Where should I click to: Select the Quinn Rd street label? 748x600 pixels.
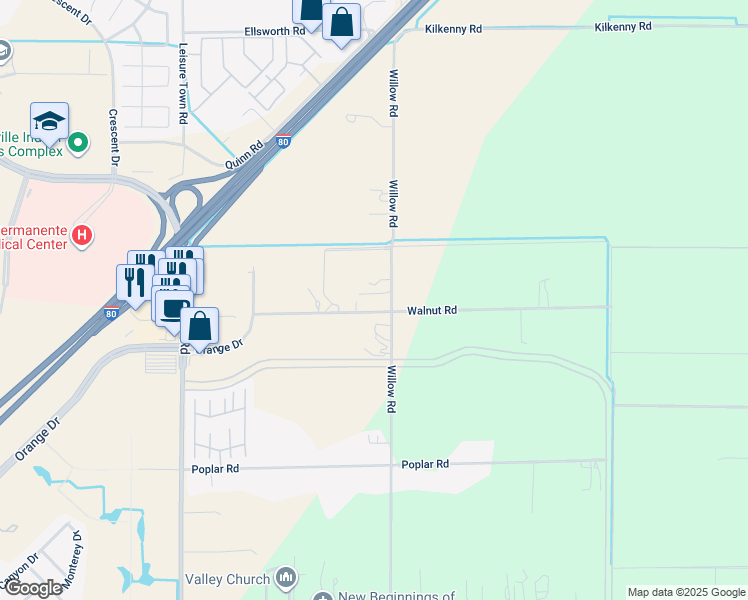pyautogui.click(x=243, y=159)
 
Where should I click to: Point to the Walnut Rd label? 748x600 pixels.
pyautogui.click(x=432, y=311)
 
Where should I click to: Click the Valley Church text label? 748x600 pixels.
pyautogui.click(x=227, y=579)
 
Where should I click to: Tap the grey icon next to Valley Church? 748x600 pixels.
pyautogui.click(x=287, y=577)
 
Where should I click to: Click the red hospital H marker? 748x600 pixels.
pyautogui.click(x=83, y=238)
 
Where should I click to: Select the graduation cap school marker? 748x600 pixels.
pyautogui.click(x=49, y=122)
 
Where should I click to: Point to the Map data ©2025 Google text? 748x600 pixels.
pyautogui.click(x=686, y=592)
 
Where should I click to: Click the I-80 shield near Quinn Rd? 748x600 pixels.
pyautogui.click(x=285, y=141)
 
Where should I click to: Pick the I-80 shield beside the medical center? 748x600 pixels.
pyautogui.click(x=110, y=313)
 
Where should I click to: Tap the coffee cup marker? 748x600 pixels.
pyautogui.click(x=172, y=307)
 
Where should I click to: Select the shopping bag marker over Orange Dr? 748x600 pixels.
pyautogui.click(x=200, y=327)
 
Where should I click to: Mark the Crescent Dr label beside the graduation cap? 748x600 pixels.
pyautogui.click(x=115, y=137)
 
